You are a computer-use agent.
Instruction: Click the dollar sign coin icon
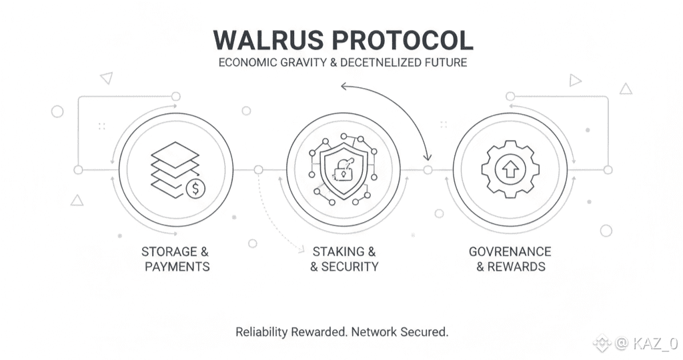click(195, 189)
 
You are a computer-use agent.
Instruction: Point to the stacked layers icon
click(175, 164)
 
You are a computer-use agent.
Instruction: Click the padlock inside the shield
click(343, 170)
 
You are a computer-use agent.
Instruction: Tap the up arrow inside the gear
click(510, 169)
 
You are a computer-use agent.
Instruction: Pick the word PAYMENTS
click(177, 267)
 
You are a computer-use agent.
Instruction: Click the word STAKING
click(339, 252)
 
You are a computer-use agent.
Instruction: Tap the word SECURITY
click(350, 267)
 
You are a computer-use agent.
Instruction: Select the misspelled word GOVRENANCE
click(510, 252)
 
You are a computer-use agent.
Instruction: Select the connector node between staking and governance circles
click(428, 170)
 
